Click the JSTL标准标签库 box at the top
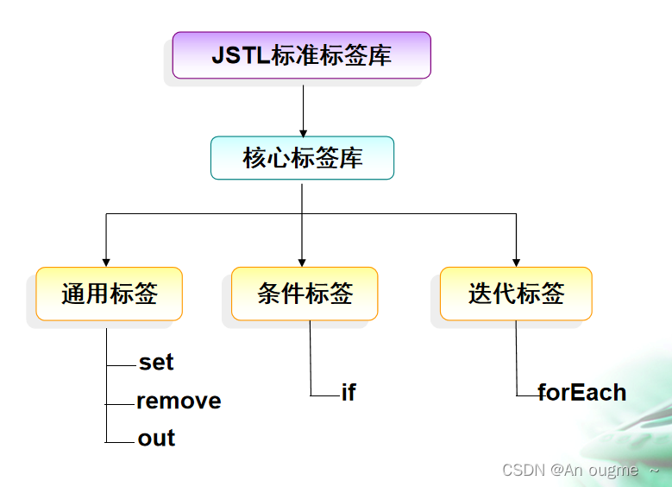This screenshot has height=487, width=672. [301, 55]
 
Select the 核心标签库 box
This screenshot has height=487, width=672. [302, 158]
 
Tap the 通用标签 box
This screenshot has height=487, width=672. [110, 294]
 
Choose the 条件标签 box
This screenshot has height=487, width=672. [305, 294]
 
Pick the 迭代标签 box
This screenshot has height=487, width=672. [516, 294]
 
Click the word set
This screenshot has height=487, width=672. [156, 363]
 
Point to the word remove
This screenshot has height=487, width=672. [179, 402]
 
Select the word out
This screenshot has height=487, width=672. [156, 439]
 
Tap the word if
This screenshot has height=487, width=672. [349, 393]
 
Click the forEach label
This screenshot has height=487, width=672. [581, 393]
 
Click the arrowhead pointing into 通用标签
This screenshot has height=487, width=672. [106, 261]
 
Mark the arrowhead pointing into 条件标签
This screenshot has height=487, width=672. [302, 261]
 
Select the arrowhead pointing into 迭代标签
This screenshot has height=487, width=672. [516, 261]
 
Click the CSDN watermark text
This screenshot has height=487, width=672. [570, 470]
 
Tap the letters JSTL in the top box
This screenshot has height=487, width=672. [240, 55]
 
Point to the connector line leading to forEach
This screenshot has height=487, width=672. [517, 363]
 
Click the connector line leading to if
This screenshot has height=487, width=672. [311, 363]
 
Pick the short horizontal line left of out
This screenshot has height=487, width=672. [121, 442]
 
